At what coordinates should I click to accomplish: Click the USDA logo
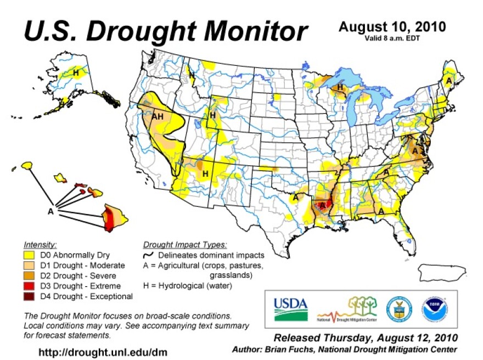click(x=290, y=309)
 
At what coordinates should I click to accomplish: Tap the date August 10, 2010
click(x=392, y=26)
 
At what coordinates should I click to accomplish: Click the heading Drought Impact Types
click(x=184, y=245)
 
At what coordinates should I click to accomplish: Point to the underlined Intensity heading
click(x=41, y=245)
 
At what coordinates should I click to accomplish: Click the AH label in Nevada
click(x=158, y=116)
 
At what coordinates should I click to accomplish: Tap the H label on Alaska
click(x=76, y=72)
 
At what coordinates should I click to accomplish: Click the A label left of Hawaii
click(x=50, y=210)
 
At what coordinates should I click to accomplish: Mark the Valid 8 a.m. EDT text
click(x=392, y=38)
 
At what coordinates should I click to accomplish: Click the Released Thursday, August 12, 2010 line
click(x=366, y=337)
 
